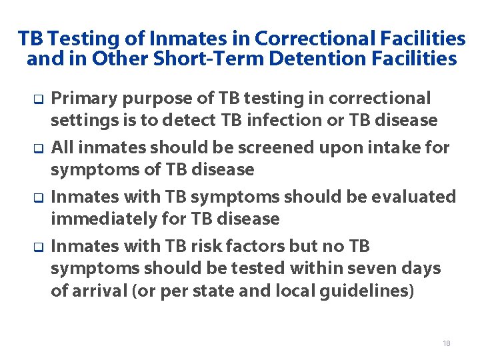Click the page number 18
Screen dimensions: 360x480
[x=446, y=343]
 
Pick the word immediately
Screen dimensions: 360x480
[x=97, y=219]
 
